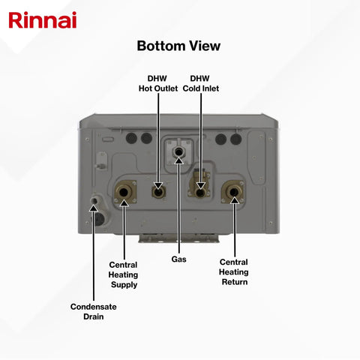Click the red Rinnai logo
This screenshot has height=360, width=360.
[x=43, y=20]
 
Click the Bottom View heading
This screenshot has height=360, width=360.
[x=178, y=46]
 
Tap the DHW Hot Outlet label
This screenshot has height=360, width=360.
[x=158, y=83]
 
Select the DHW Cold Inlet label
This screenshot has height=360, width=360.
[x=201, y=83]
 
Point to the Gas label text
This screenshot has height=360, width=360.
[x=178, y=259]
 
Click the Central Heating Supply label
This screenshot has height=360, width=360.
[x=123, y=274]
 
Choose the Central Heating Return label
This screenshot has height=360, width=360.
[x=234, y=272]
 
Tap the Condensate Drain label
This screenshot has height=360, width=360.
[x=94, y=311]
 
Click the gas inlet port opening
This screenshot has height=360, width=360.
[x=178, y=151]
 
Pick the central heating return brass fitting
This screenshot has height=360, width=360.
[x=234, y=192]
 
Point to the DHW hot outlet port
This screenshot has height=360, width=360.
[x=158, y=192]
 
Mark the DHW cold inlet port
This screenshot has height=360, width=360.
[x=199, y=193]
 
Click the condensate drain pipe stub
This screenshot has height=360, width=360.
[x=94, y=200]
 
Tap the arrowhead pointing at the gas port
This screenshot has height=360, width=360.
[x=178, y=160]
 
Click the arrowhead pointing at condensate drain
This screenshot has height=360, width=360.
[x=94, y=208]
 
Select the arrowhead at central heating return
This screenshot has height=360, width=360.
[x=234, y=200]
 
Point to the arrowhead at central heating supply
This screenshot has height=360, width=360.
[x=124, y=202]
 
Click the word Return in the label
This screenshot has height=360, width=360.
[x=235, y=282]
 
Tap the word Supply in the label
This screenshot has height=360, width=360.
[x=124, y=285]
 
